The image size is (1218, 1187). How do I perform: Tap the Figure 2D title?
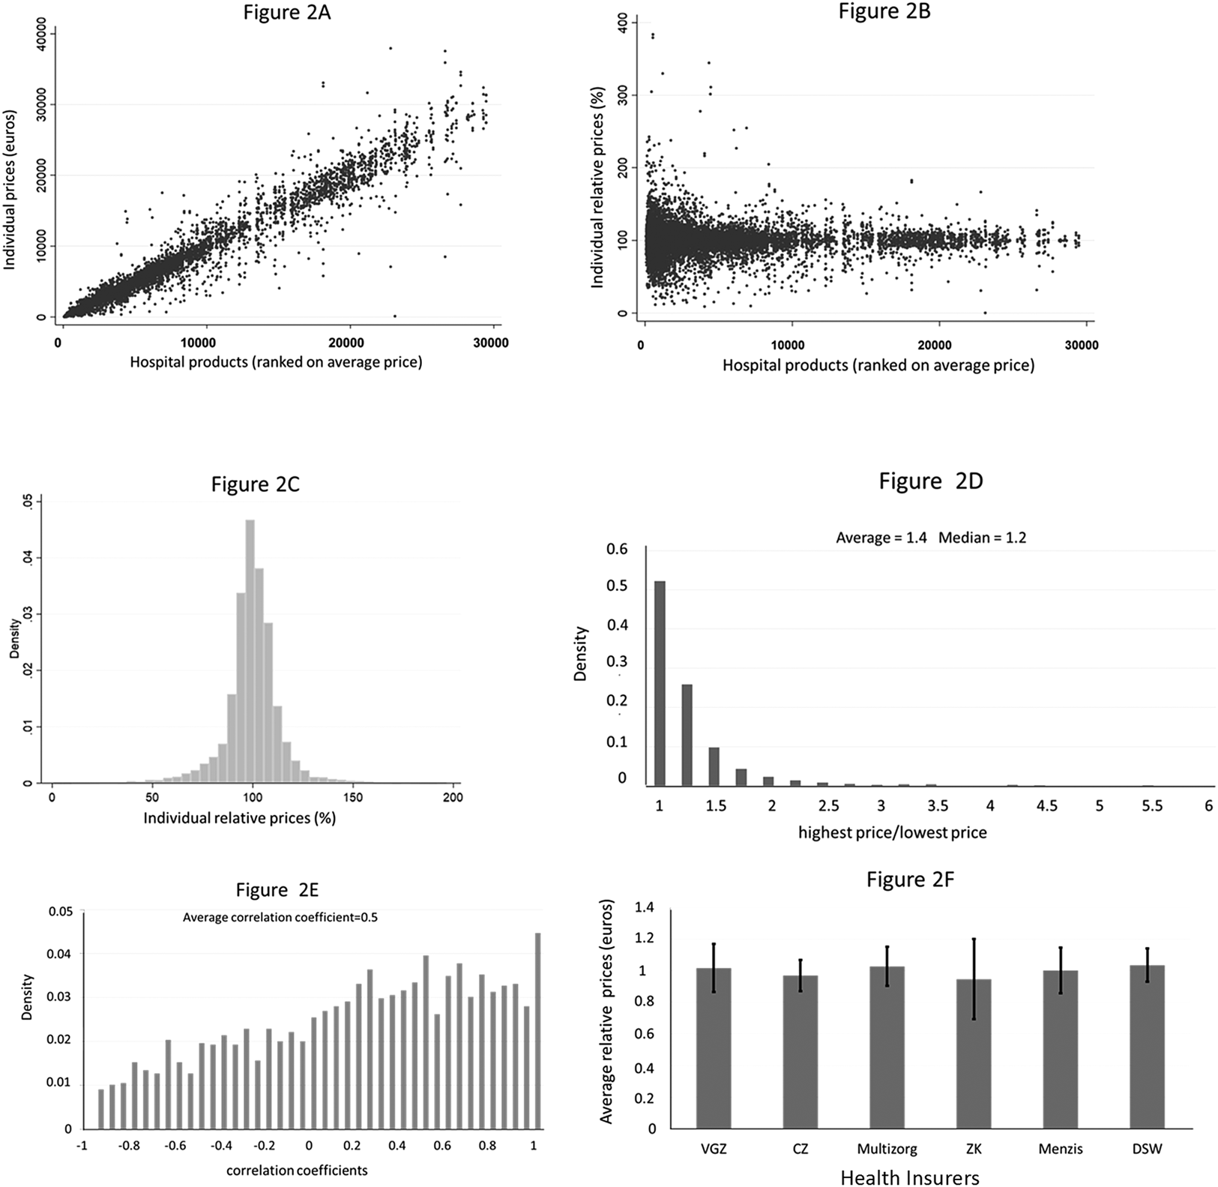(x=930, y=481)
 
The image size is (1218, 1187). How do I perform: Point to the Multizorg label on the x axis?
(x=887, y=1148)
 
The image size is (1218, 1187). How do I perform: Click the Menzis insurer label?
(x=1061, y=1148)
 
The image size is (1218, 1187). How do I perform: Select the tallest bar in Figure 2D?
(x=660, y=683)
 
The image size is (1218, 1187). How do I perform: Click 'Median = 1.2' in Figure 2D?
(x=982, y=538)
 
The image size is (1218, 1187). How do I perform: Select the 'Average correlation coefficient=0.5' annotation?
(x=280, y=916)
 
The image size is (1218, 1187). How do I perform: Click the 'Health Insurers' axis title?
(x=910, y=1177)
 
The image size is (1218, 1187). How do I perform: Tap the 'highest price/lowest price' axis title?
(x=892, y=832)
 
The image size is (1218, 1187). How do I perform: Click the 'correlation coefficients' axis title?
(x=297, y=1170)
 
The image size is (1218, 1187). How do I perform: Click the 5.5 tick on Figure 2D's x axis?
(x=1152, y=806)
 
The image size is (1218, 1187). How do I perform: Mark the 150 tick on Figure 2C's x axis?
(x=352, y=798)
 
